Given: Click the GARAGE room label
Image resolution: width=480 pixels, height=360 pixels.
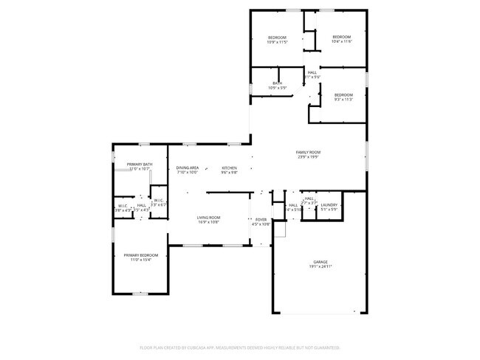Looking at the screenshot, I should click(x=320, y=262).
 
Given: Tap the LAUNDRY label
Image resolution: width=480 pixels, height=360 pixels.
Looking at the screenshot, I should click(x=329, y=205).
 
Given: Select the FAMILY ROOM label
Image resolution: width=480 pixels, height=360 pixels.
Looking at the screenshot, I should click(x=309, y=152).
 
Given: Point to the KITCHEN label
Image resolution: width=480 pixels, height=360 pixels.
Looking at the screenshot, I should click(x=230, y=167).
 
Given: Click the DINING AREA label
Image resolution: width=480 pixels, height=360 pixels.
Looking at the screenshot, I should click(x=187, y=167).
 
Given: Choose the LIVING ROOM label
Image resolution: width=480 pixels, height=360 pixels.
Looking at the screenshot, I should click(x=208, y=217).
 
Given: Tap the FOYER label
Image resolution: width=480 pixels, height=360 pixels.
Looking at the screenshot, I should click(x=261, y=219).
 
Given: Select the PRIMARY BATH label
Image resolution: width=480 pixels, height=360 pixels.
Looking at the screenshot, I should click(x=139, y=165).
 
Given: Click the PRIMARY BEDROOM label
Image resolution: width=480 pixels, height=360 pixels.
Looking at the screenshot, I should click(x=140, y=255).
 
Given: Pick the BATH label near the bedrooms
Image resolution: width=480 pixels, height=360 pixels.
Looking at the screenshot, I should click(x=277, y=83).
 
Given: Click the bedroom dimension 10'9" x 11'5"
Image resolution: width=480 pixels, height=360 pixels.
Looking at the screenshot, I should click(x=277, y=42).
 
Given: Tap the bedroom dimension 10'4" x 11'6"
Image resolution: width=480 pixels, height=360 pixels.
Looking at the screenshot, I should click(x=341, y=41).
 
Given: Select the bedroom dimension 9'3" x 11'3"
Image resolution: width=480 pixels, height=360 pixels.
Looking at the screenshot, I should click(x=343, y=100).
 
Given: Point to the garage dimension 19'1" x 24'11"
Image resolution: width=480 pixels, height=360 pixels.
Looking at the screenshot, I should click(x=320, y=266).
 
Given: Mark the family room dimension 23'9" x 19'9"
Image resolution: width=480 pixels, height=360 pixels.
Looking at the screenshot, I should click(x=309, y=156).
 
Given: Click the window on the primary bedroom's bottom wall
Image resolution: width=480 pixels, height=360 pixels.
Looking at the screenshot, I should click(x=140, y=294).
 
